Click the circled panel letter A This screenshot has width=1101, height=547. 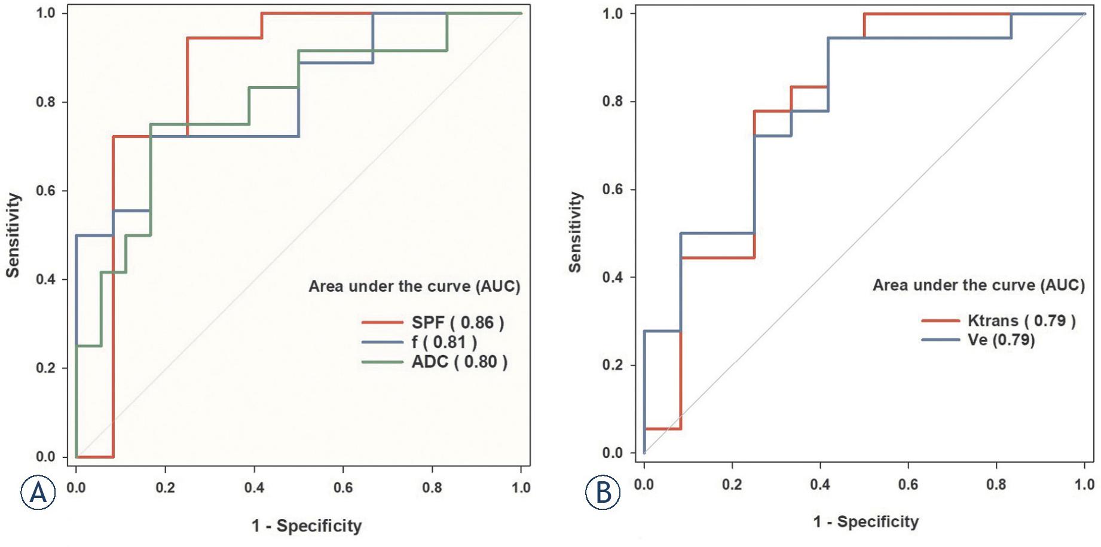tap(38, 492)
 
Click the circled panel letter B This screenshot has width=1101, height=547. tap(603, 492)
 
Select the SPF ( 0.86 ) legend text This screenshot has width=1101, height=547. tap(457, 323)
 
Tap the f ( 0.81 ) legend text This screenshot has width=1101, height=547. tap(444, 343)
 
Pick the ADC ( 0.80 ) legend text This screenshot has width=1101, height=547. tap(459, 362)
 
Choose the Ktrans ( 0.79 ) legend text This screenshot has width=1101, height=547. tap(1022, 321)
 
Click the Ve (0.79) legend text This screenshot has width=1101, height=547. tap(1001, 340)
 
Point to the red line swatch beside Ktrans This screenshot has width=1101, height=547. tap(940, 321)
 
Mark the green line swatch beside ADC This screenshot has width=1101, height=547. tap(383, 362)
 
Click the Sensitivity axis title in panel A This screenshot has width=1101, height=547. tap(13, 235)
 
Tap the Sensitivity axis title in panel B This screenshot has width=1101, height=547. tap(575, 233)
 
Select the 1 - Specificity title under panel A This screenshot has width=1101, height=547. tap(307, 526)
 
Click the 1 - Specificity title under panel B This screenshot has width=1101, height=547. tap(865, 522)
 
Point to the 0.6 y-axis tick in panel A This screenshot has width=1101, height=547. tap(45, 191)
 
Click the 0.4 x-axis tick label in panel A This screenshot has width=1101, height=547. tap(254, 488)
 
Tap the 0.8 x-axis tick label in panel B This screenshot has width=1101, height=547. tap(996, 484)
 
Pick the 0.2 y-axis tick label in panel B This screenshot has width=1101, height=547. tap(612, 365)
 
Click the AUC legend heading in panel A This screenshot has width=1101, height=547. tap(414, 287)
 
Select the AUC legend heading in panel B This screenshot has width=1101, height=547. tap(978, 285)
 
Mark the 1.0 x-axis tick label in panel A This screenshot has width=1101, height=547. tap(521, 488)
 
